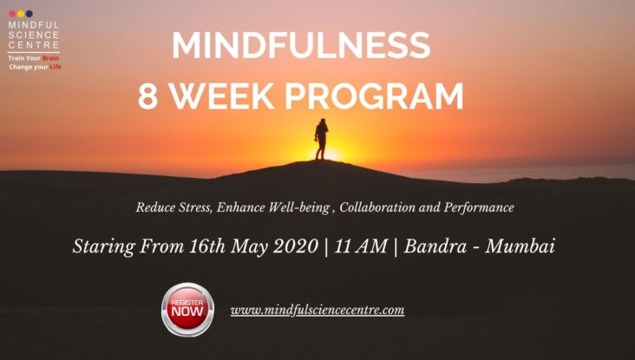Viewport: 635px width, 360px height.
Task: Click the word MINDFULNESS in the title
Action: pyautogui.click(x=301, y=45)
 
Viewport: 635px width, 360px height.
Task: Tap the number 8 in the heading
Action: pyautogui.click(x=147, y=96)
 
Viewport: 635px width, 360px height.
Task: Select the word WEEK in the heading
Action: pyautogui.click(x=221, y=96)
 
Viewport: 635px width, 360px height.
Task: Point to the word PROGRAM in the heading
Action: pyautogui.click(x=374, y=96)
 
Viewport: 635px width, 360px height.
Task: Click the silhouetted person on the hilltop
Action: pyautogui.click(x=321, y=139)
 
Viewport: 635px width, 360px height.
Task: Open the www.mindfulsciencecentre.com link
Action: pyautogui.click(x=317, y=311)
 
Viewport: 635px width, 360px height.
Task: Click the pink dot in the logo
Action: pyautogui.click(x=12, y=14)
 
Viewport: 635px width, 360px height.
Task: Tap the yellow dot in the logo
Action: pyautogui.click(x=21, y=14)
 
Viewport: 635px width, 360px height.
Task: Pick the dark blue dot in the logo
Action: pyautogui.click(x=29, y=14)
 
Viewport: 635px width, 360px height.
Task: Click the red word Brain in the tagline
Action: pyautogui.click(x=50, y=58)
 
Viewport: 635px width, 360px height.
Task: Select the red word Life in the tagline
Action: pyautogui.click(x=56, y=67)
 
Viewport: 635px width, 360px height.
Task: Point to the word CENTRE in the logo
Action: pyautogui.click(x=34, y=44)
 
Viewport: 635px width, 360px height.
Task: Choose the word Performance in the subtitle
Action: pyautogui.click(x=479, y=207)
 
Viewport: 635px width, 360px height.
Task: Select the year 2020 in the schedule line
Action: pyautogui.click(x=295, y=246)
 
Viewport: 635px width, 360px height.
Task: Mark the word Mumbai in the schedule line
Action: pyautogui.click(x=520, y=246)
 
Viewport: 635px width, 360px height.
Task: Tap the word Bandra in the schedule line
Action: pyautogui.click(x=435, y=246)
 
